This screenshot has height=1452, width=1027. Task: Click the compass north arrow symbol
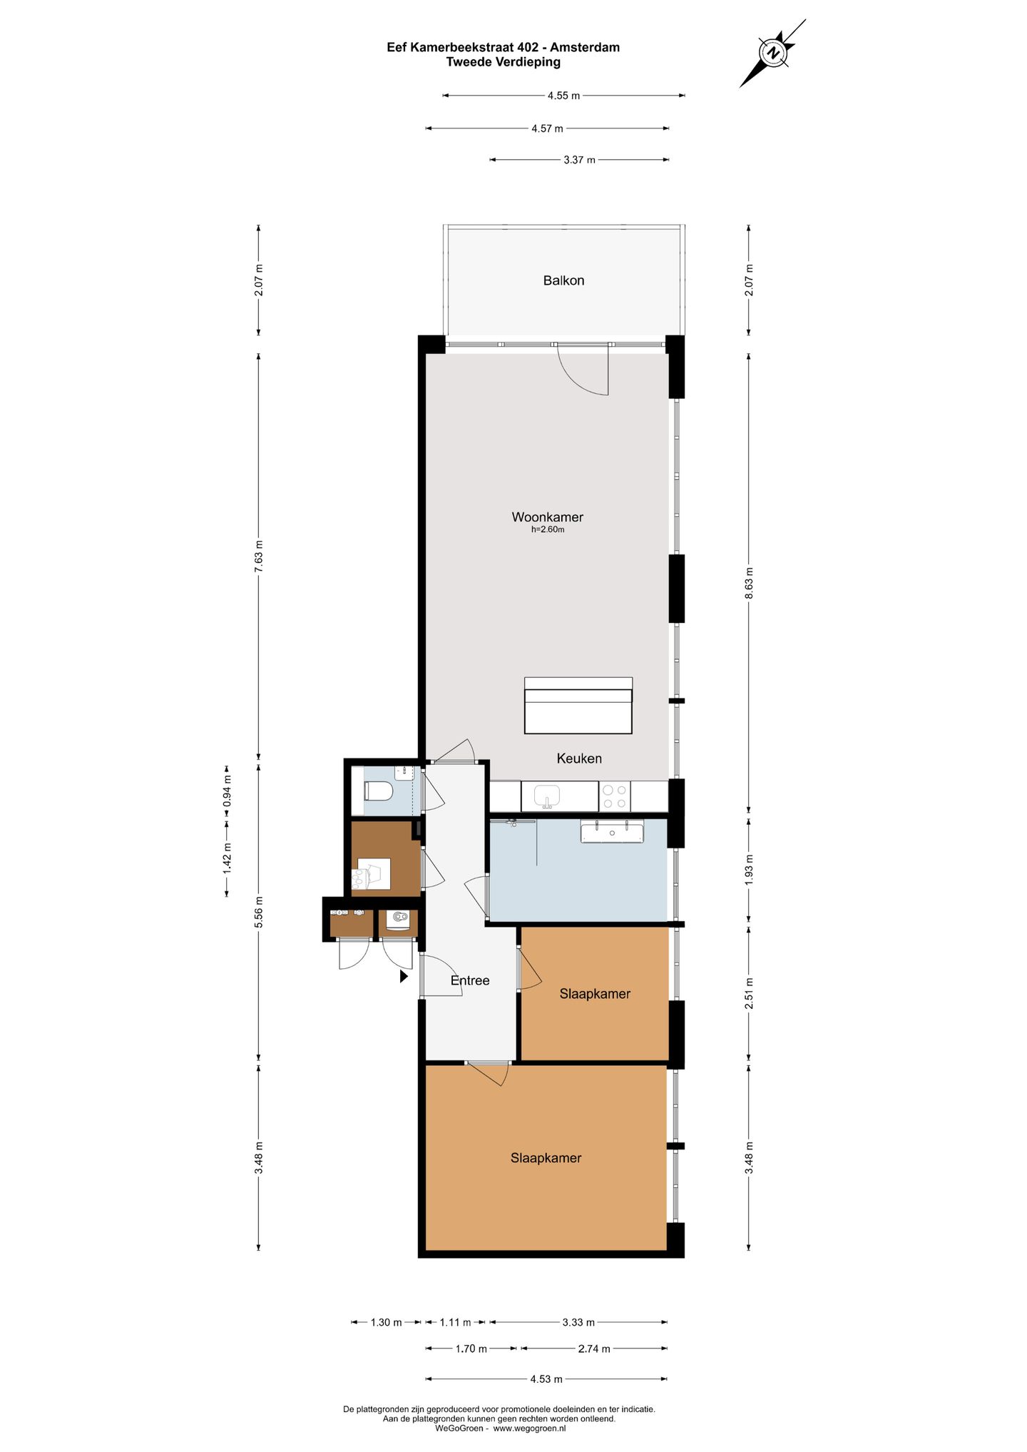point(772,54)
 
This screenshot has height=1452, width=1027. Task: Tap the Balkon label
point(563,280)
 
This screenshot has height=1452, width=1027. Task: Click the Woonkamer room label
point(547,517)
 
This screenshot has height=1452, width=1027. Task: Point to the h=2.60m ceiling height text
point(548,529)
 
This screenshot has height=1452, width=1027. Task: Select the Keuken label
point(579,758)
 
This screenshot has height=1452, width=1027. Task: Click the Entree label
point(470,980)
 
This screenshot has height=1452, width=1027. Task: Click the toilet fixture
point(379,791)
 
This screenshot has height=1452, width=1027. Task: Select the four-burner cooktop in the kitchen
point(615,796)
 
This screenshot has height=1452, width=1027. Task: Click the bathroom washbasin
point(612,831)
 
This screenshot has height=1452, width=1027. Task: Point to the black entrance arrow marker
point(404,976)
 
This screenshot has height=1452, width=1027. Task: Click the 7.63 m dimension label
point(259,557)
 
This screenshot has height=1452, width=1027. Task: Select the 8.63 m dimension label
point(749,584)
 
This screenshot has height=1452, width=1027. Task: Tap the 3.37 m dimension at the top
point(579,160)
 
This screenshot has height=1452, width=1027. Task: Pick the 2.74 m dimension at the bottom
point(594,1349)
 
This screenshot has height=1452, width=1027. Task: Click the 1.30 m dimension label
point(386,1322)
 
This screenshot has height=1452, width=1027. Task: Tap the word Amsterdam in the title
point(585,47)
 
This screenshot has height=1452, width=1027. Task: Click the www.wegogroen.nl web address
point(529,1428)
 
